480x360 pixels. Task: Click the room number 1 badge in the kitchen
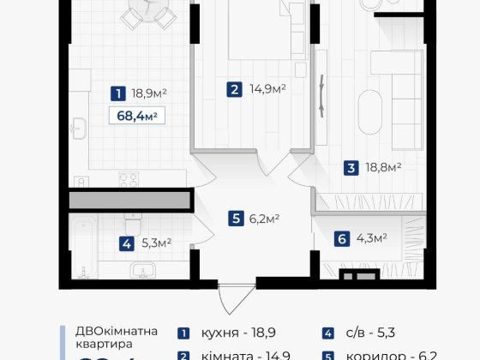pos(117,92)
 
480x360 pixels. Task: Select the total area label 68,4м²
pos(138,115)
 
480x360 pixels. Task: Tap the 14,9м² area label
pos(267,87)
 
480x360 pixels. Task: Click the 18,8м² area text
pos(384,168)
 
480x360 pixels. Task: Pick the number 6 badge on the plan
pos(342,238)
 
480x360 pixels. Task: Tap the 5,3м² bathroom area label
pos(156,243)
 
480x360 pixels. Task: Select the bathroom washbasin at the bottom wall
pos(146,273)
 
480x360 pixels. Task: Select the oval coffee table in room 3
pos(371,104)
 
